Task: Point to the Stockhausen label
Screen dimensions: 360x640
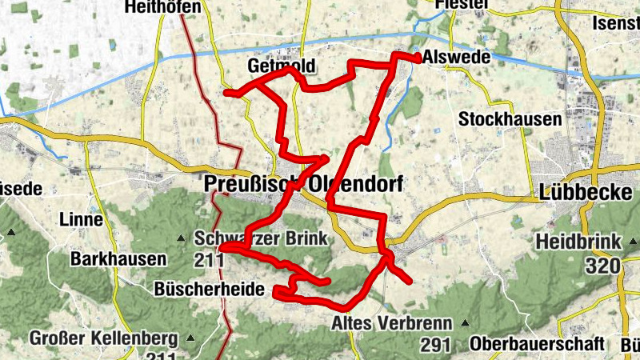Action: (510, 119)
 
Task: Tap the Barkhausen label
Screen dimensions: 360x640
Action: (118, 259)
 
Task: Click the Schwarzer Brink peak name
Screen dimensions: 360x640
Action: (261, 238)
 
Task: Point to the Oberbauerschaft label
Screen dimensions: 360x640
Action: (537, 343)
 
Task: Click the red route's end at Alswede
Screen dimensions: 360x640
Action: (418, 56)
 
